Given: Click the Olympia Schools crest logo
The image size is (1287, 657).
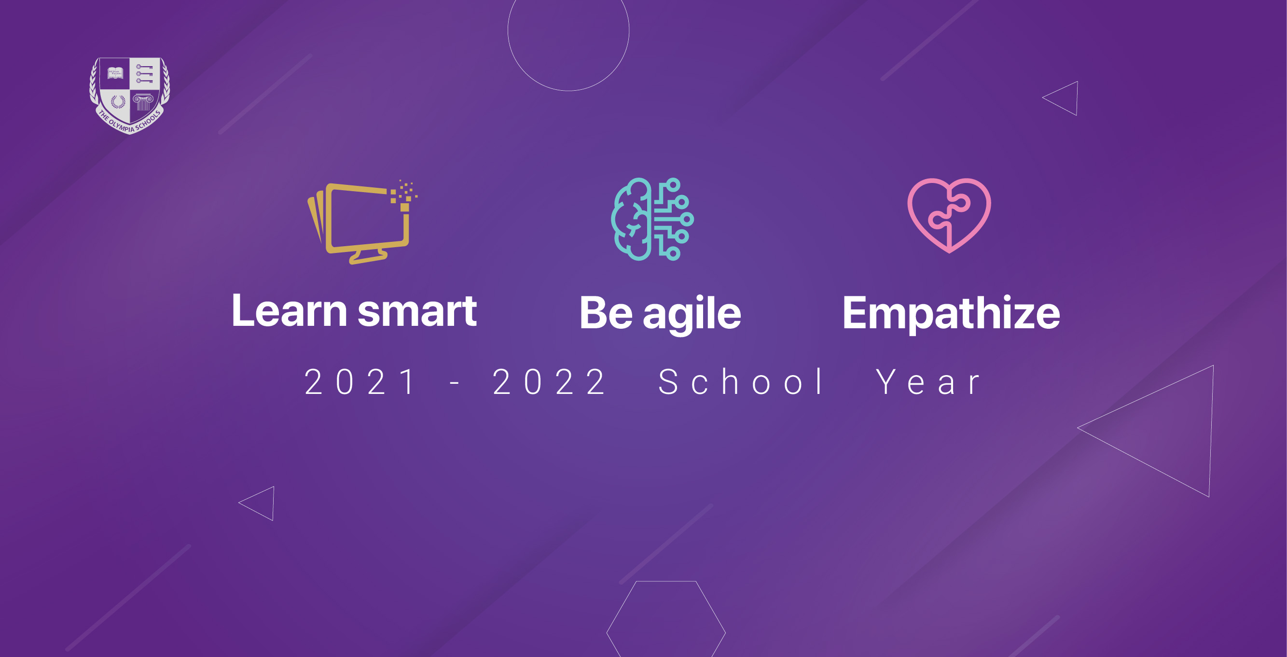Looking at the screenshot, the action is (x=129, y=96).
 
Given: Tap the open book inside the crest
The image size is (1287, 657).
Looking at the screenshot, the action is (x=115, y=73).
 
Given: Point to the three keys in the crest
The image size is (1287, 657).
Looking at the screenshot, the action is (x=144, y=73).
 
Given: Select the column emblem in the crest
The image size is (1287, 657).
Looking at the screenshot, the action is (x=143, y=102).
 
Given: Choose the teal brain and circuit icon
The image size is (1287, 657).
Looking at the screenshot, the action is (x=652, y=219).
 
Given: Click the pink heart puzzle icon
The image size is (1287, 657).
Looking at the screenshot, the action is (x=949, y=215).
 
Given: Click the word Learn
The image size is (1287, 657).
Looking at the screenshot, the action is (x=289, y=311).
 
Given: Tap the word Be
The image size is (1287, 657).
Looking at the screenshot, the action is (x=606, y=313).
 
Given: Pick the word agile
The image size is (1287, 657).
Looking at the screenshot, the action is (x=692, y=314).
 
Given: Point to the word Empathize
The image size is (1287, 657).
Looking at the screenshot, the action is (x=951, y=314).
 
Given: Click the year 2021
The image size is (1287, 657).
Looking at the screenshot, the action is (x=359, y=382).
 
